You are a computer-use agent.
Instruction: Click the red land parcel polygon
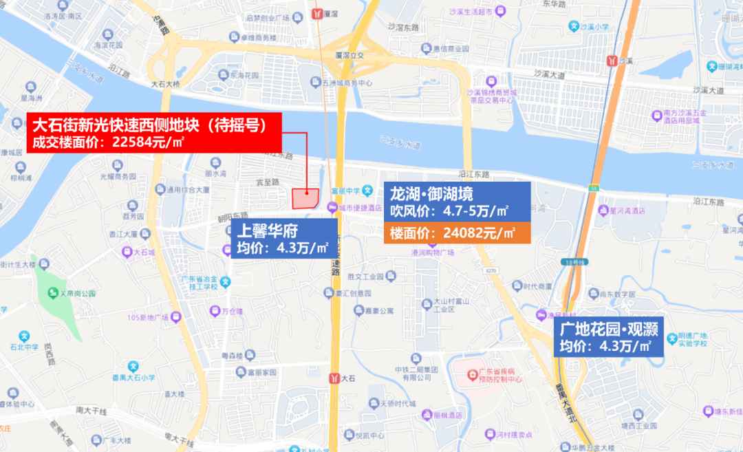coord(305,198)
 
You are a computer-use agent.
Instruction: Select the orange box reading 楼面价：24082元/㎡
coord(456,233)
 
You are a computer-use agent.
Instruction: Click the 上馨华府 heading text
coord(261,230)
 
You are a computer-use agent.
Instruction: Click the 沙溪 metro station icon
coord(612,60)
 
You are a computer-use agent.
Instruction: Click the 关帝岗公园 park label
coord(72,293)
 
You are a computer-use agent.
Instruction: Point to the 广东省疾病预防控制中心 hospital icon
coord(472,374)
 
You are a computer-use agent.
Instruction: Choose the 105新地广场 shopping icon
coord(175,317)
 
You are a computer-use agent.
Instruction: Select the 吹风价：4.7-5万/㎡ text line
coord(449,209)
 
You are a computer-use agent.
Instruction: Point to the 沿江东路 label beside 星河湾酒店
coord(709,202)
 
